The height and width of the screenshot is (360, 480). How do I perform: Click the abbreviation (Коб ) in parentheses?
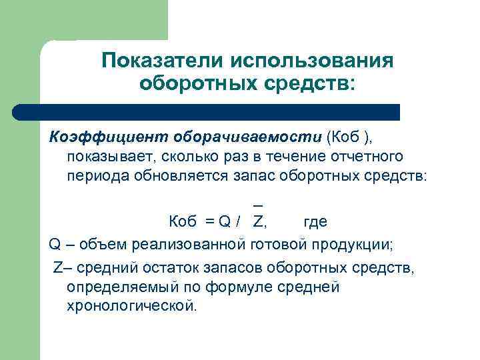click(x=350, y=137)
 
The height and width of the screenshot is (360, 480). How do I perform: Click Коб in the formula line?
click(x=182, y=222)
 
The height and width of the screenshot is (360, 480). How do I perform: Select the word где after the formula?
click(x=315, y=222)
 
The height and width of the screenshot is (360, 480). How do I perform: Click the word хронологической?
click(x=132, y=307)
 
